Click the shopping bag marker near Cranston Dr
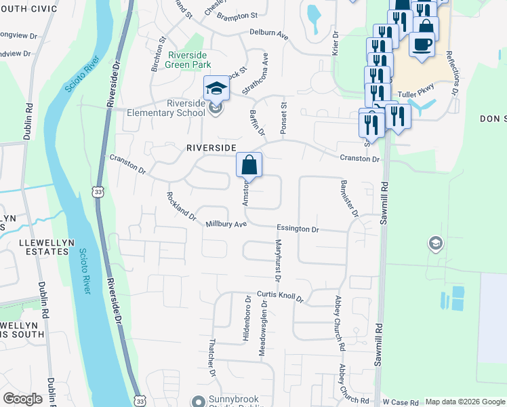(249, 165)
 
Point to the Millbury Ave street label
(226, 224)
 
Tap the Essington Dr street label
(297, 229)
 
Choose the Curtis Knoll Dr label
(279, 297)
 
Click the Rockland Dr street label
(181, 208)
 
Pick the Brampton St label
(237, 14)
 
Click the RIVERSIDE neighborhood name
(211, 147)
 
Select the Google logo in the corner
(22, 399)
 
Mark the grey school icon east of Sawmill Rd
(434, 243)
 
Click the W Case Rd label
(403, 402)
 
